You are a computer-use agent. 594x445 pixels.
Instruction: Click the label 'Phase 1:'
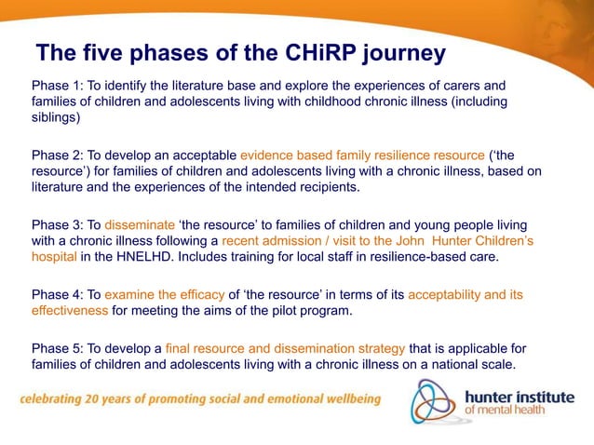[58, 86]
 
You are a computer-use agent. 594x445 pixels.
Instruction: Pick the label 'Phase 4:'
[58, 295]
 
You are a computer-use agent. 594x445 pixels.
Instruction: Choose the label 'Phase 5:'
[58, 347]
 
